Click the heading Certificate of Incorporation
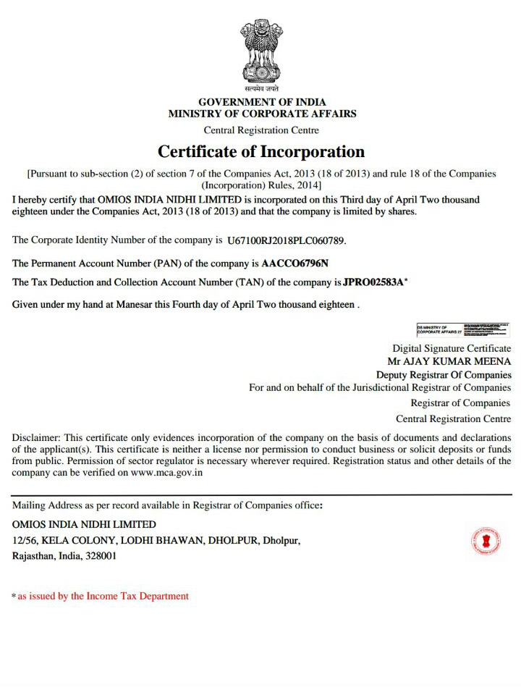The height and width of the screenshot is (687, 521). [x=261, y=152]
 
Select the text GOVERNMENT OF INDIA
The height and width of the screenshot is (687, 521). [x=262, y=102]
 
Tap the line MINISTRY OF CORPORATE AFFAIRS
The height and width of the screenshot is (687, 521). [x=262, y=114]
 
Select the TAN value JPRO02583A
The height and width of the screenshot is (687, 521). [x=373, y=281]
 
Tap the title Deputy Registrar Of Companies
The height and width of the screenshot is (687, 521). [x=444, y=375]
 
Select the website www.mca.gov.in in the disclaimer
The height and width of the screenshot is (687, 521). [x=167, y=473]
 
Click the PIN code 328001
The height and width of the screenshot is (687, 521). [x=100, y=556]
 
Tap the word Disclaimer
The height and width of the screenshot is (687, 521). [x=36, y=438]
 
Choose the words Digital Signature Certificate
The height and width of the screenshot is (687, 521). [x=452, y=348]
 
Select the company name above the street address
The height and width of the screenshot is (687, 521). [x=84, y=524]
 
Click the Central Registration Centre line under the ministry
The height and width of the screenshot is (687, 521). [x=261, y=130]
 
